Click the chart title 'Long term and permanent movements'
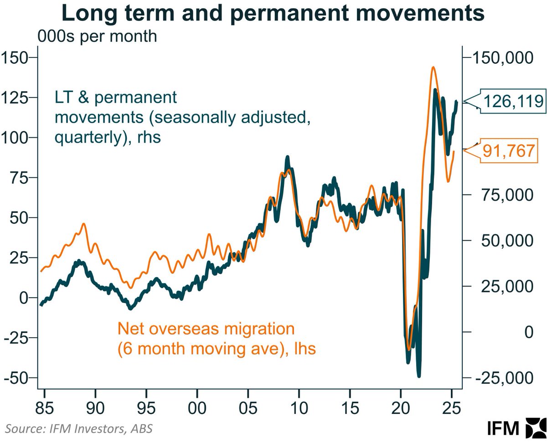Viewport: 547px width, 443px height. [273, 14]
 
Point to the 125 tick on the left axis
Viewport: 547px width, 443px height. [15, 98]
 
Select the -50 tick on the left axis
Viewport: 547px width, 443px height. [15, 378]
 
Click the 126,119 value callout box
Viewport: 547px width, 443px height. [513, 101]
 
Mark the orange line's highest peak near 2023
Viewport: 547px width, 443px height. [432, 67]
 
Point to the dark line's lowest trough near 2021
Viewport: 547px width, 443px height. [418, 376]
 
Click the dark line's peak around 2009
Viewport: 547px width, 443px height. [287, 158]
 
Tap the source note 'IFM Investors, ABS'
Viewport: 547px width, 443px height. [79, 428]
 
